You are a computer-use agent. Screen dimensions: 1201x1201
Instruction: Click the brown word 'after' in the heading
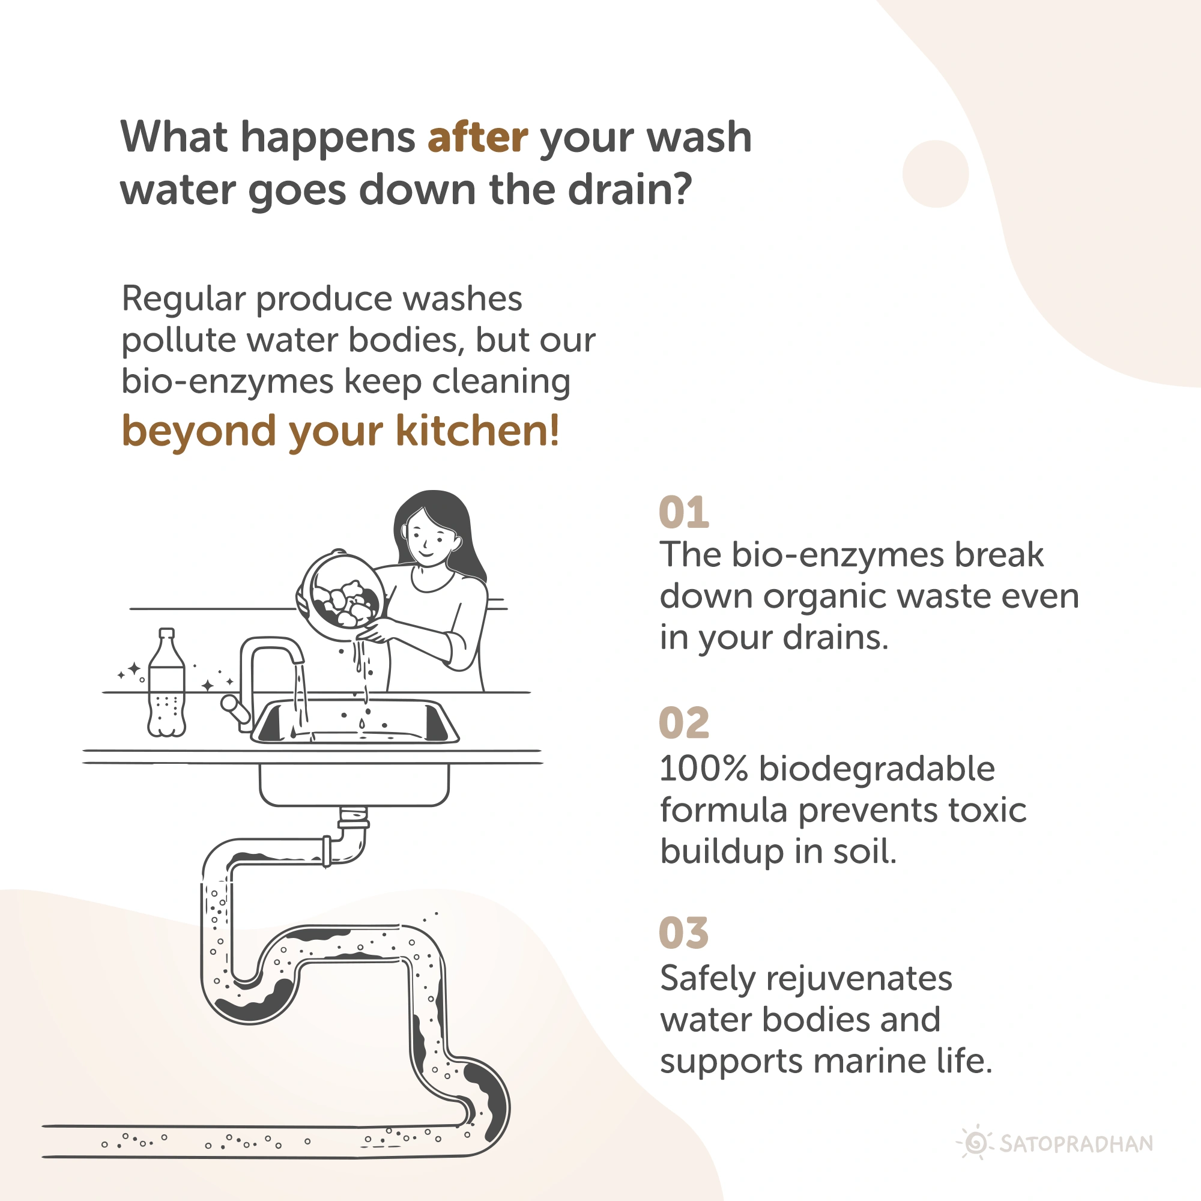point(478,137)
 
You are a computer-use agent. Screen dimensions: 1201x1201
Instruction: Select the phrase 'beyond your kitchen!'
point(340,431)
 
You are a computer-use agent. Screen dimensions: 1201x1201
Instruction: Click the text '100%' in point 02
point(704,769)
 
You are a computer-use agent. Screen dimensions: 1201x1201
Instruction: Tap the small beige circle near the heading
point(936,174)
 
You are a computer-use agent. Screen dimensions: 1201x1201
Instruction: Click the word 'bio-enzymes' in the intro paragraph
point(227,381)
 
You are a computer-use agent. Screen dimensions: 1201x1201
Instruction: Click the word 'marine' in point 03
point(870,1062)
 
